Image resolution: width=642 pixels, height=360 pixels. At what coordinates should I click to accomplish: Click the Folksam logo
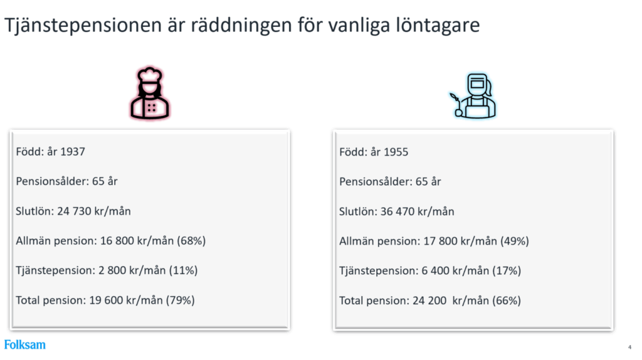(25, 344)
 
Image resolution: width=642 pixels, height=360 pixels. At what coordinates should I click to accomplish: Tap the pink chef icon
(150, 95)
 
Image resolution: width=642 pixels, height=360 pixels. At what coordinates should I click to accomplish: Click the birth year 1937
(72, 152)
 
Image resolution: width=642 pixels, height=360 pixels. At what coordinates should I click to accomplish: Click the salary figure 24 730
(74, 211)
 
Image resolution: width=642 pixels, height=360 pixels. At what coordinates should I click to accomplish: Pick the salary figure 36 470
(397, 211)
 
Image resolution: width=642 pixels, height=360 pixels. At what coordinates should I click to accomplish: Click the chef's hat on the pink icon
(150, 78)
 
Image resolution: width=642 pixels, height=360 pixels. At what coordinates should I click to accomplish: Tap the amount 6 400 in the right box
(432, 271)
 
